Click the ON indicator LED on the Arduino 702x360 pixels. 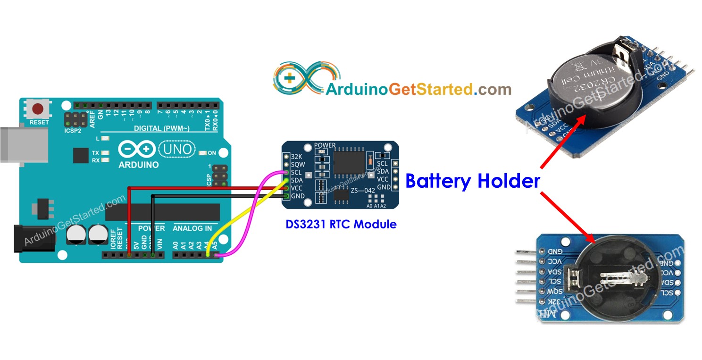(203, 153)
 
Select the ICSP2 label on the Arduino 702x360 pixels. (73, 130)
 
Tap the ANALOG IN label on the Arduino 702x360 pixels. (192, 228)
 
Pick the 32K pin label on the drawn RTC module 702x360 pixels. (296, 156)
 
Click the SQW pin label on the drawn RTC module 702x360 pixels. (298, 164)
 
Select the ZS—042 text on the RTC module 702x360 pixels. (362, 191)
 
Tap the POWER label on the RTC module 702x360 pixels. (325, 145)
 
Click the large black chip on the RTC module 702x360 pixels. (349, 161)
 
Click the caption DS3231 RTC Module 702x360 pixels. (341, 224)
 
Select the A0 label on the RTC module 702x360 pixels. (369, 206)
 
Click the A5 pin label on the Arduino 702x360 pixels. (215, 245)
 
